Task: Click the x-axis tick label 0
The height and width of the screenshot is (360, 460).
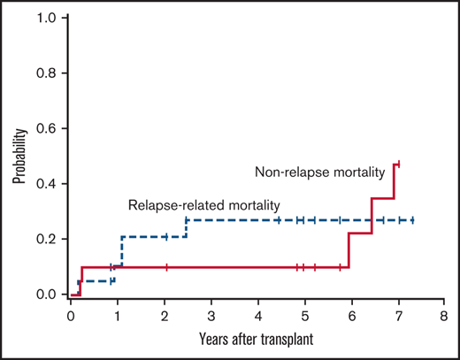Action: (x=71, y=314)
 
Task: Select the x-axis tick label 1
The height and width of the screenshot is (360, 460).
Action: (x=118, y=314)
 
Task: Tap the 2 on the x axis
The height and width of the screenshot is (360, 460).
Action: (x=165, y=314)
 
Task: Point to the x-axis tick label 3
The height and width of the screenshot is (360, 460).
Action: (x=211, y=314)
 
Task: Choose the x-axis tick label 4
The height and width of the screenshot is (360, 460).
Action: (x=258, y=314)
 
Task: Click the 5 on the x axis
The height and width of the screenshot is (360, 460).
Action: (x=305, y=314)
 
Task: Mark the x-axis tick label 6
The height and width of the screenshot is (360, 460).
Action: (x=352, y=314)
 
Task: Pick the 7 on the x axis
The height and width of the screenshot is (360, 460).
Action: (x=398, y=314)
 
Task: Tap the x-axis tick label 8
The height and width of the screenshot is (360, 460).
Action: (x=445, y=314)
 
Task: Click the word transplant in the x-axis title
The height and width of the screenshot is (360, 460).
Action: (x=288, y=338)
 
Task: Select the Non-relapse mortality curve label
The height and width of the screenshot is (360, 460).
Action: (x=319, y=171)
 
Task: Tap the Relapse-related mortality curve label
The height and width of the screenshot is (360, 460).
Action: (x=196, y=204)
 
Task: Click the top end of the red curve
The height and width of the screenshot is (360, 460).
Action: (x=399, y=163)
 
